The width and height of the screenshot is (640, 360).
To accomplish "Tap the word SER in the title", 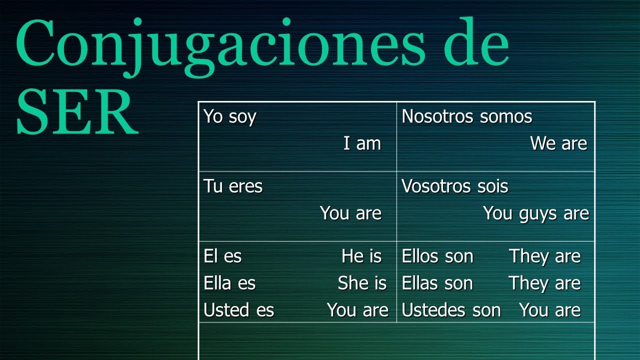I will coord(77,112).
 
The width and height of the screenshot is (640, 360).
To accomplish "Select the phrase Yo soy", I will coord(229,117).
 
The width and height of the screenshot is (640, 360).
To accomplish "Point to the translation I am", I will coord(362,144).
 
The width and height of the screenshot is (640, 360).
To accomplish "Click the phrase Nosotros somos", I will coord(466,117).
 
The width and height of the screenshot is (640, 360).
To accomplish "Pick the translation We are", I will coord(558,144).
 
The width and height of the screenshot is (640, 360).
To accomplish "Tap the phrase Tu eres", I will coord(232,186).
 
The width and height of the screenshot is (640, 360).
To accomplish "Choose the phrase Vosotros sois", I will coord(454,186).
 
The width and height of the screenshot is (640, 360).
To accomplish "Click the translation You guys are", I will coord(536,213).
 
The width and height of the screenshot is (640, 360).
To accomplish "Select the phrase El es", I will coord(222,256).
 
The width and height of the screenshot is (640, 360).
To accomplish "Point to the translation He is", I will coord(361,256).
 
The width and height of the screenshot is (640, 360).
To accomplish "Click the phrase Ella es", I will coord(229,283).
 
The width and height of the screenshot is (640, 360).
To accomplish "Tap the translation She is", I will coord(362,283).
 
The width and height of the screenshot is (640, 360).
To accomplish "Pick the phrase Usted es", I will coord(238,310).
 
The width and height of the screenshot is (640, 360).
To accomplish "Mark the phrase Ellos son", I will coord(437,256).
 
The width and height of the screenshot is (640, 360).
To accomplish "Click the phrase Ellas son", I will coord(437,283).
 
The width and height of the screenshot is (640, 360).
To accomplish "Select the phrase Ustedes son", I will coord(451,310).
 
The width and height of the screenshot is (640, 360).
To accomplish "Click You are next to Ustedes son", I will coord(550,310).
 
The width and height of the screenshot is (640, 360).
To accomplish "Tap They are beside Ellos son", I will coord(545,256).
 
